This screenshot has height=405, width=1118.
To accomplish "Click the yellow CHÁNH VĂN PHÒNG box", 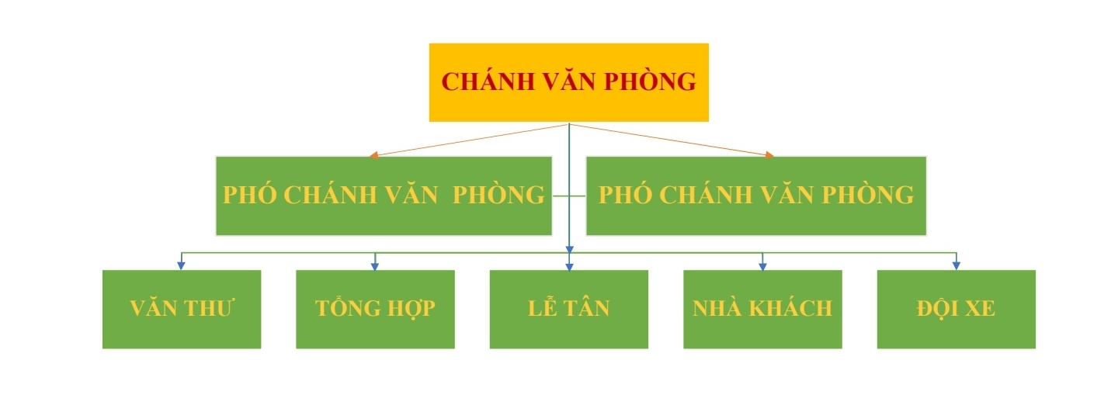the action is pyautogui.click(x=569, y=82).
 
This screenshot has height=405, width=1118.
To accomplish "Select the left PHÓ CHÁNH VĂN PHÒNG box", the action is pyautogui.click(x=384, y=196).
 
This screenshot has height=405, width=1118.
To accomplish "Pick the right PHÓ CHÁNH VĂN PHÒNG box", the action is pyautogui.click(x=756, y=196).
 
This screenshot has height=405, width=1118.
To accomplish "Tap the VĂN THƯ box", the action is pyautogui.click(x=182, y=310).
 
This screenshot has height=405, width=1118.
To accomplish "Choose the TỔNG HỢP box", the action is pyautogui.click(x=375, y=310).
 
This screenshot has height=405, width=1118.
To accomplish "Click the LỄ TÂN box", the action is pyautogui.click(x=569, y=310).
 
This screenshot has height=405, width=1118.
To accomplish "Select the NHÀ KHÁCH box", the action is pyautogui.click(x=762, y=310).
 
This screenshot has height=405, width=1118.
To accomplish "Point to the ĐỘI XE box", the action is pyautogui.click(x=957, y=310).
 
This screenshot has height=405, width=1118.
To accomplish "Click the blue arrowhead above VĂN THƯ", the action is pyautogui.click(x=181, y=266).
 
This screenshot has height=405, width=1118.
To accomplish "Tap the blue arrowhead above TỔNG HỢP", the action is pyautogui.click(x=375, y=266).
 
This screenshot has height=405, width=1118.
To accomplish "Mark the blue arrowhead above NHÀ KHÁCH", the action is pyautogui.click(x=762, y=266).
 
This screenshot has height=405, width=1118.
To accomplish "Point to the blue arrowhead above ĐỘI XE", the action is pyautogui.click(x=957, y=266).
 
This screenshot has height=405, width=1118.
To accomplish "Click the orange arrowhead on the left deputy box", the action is pyautogui.click(x=373, y=155).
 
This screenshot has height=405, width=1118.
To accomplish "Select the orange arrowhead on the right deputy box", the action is pyautogui.click(x=769, y=155).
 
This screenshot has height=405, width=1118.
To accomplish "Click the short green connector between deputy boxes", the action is pyautogui.click(x=569, y=196).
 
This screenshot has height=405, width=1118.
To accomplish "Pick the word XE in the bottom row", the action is pyautogui.click(x=981, y=308).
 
